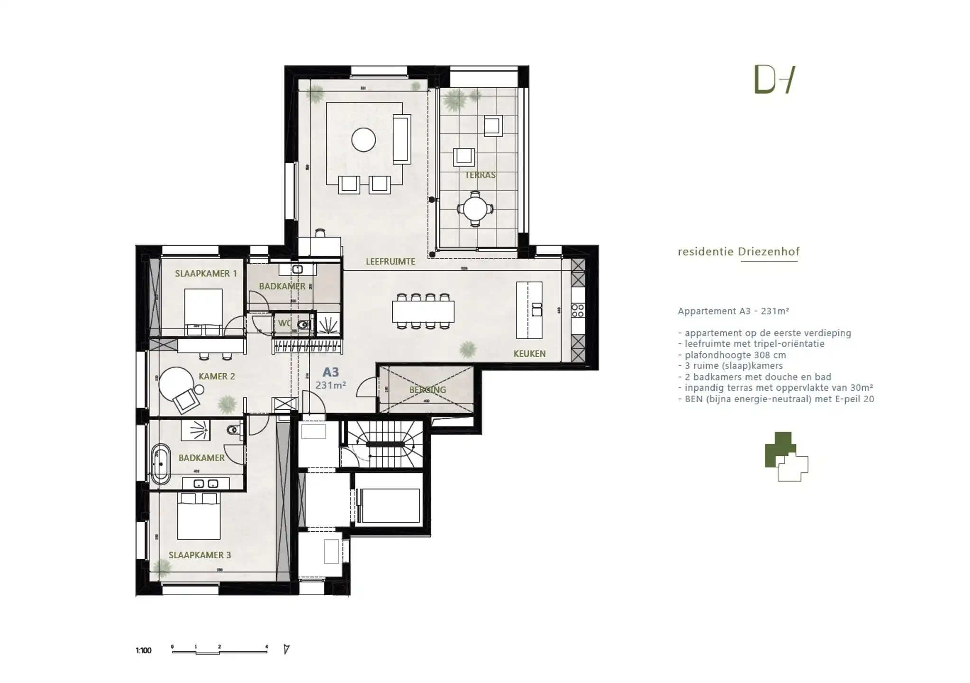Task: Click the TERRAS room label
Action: [x=480, y=175]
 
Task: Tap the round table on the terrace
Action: [x=475, y=209]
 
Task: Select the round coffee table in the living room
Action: [x=363, y=140]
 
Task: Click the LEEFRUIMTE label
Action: [x=390, y=261]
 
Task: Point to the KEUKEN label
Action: [x=529, y=353]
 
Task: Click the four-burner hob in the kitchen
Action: [x=577, y=311]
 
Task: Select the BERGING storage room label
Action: [x=427, y=390]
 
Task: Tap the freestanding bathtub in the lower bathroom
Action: [x=161, y=464]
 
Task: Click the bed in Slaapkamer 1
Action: [x=203, y=312]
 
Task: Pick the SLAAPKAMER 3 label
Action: [x=200, y=555]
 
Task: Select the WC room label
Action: [x=285, y=323]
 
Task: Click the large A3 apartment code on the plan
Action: [x=331, y=372]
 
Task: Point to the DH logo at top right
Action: [x=774, y=80]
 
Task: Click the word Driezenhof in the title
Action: [x=768, y=252]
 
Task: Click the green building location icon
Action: [x=785, y=457]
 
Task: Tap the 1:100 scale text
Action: [x=143, y=651]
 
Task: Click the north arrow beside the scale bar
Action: [x=286, y=649]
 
